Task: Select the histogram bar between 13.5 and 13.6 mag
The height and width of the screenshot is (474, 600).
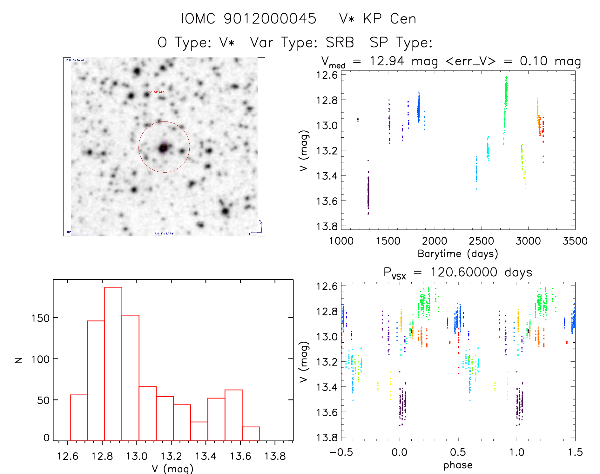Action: (233, 415)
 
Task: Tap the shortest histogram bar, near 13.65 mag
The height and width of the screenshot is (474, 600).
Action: (251, 434)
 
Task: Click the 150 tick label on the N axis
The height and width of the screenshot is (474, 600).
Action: (40, 318)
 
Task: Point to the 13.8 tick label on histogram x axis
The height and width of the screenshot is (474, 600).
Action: (275, 456)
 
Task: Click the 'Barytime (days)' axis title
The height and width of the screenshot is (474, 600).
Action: (458, 254)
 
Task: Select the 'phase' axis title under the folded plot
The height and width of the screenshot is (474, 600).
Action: (458, 465)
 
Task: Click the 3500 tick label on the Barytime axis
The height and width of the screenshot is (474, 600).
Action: (575, 241)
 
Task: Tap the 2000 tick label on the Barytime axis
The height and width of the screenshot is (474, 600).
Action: (435, 241)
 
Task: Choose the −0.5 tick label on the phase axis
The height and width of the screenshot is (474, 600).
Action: (341, 452)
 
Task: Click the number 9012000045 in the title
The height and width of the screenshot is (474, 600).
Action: (270, 19)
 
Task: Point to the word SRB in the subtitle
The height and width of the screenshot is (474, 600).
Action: (340, 43)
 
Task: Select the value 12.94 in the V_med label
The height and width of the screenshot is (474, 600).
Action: (387, 61)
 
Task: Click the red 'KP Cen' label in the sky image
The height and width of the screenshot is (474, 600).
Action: (157, 92)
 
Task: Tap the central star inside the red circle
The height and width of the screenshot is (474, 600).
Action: (164, 147)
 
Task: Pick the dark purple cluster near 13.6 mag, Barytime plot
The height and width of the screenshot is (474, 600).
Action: (368, 194)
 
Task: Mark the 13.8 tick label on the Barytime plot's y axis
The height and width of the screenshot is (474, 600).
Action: (327, 226)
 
